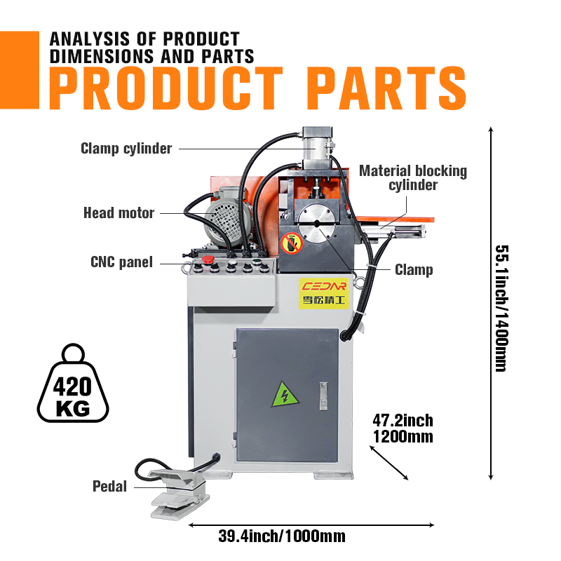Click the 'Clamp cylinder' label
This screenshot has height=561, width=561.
126,149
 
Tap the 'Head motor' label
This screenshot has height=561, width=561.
119,213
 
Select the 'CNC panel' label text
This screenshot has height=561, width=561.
121,262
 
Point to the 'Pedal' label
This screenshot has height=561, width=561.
109,487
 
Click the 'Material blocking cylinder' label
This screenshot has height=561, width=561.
413,178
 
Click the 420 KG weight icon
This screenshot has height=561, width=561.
73,383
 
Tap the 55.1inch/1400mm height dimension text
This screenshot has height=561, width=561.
501,309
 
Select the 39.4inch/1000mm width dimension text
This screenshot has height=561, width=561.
282,536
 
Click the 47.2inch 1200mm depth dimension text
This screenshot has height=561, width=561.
403,428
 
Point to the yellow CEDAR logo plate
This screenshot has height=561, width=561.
323,293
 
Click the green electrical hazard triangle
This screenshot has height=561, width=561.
285,395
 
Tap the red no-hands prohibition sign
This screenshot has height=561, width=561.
292,243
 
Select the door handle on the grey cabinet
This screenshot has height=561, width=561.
323,396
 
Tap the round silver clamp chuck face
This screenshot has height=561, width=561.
317,224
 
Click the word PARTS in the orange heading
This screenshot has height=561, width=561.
386,88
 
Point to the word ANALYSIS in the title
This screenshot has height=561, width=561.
90,39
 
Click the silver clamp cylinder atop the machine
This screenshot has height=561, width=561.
318,149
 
